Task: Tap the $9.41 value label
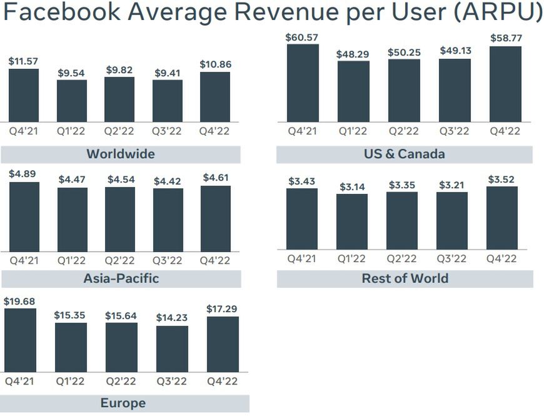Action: tap(167, 73)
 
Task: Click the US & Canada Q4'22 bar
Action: tap(505, 84)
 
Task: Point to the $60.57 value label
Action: tap(301, 38)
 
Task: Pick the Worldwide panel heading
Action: tap(121, 154)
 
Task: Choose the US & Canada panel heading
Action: tap(405, 154)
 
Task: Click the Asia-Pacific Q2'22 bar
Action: tap(120, 219)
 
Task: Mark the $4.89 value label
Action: tap(23, 175)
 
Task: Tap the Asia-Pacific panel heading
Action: tap(121, 278)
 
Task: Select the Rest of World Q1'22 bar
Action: tap(352, 222)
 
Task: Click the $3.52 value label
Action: tap(502, 180)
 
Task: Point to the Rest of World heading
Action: tap(405, 278)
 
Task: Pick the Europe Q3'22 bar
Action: tap(172, 348)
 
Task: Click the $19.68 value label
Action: tap(19, 301)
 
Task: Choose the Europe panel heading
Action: tap(123, 403)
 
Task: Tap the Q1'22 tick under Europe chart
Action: tap(70, 381)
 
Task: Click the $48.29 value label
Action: tap(353, 54)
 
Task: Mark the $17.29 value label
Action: tap(222, 309)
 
